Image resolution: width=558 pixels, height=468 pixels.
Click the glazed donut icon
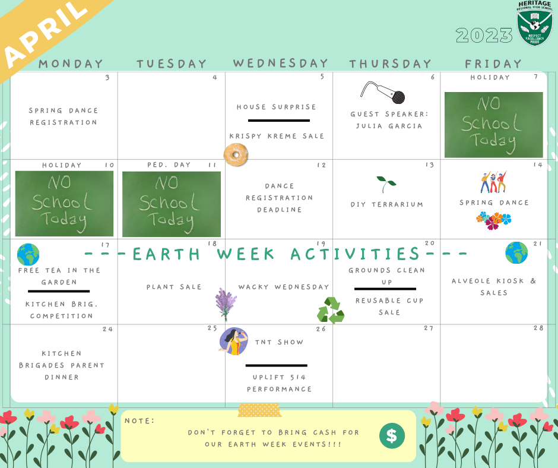click(236, 154)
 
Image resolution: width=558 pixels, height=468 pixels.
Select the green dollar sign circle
click(392, 435)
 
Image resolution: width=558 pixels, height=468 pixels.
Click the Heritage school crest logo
click(534, 23)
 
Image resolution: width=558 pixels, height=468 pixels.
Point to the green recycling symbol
click(331, 310)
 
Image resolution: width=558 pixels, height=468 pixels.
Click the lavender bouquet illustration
click(225, 305)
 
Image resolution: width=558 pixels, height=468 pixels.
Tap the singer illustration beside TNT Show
click(233, 341)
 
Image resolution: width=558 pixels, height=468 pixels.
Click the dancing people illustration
click(493, 182)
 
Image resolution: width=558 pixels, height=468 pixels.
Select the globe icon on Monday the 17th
click(28, 255)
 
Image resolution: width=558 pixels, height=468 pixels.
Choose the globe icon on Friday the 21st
click(516, 252)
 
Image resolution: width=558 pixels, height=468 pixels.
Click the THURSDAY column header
click(390, 64)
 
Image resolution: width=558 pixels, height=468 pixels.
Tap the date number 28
click(538, 328)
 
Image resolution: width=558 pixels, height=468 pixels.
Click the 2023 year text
click(484, 35)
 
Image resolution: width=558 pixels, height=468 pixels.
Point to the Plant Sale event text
click(174, 287)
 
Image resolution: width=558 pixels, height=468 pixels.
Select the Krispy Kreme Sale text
click(277, 136)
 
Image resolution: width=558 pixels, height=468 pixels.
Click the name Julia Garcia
click(389, 126)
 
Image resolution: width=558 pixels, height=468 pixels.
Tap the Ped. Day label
click(169, 165)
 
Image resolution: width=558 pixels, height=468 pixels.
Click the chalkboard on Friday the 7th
click(493, 125)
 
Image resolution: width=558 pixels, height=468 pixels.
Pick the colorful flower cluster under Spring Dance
click(493, 220)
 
